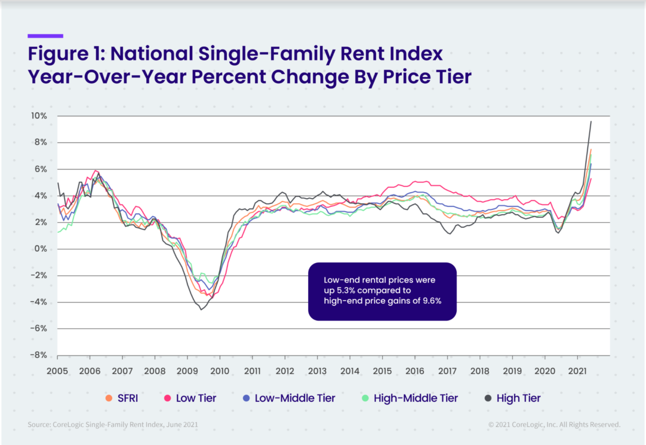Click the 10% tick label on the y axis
[39, 116]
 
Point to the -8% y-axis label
[39, 355]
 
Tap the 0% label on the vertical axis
[41, 249]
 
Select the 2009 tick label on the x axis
[187, 371]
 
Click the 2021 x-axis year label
[577, 371]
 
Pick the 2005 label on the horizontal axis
[57, 371]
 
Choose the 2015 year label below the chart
[382, 371]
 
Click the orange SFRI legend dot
[109, 398]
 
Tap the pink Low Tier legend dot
[167, 398]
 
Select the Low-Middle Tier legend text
[295, 398]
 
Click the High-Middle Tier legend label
[416, 398]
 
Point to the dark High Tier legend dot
[488, 398]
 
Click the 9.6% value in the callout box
[432, 301]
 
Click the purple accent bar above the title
[45, 36]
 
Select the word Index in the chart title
[416, 53]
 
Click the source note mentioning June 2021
[113, 424]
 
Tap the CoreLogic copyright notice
[554, 424]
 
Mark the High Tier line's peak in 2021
[591, 121]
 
